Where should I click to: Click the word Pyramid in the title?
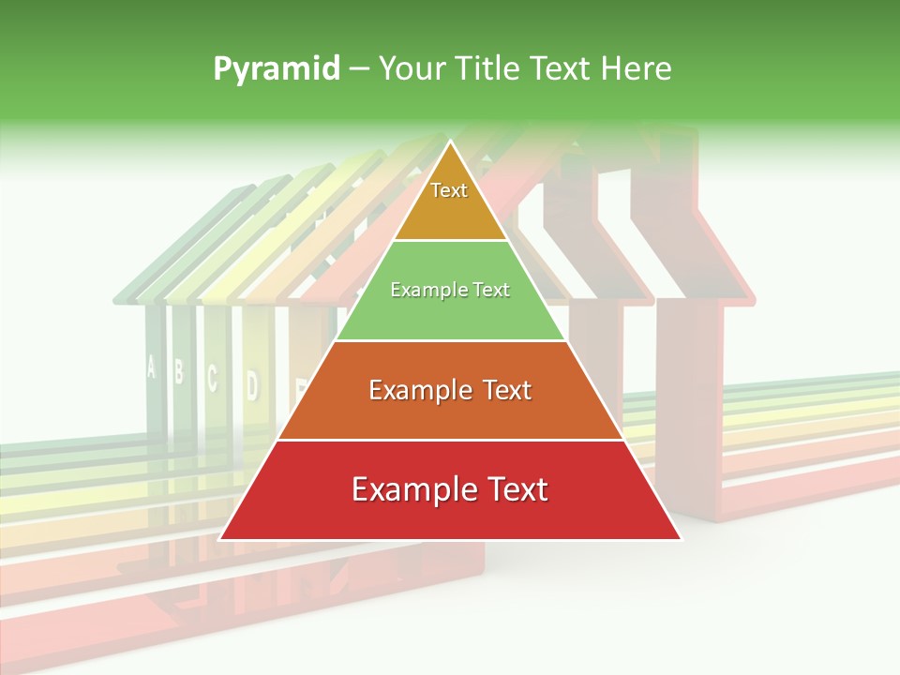[275, 69]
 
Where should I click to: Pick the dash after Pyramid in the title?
[359, 69]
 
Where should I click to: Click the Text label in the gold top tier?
[449, 190]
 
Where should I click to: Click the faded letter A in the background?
[151, 367]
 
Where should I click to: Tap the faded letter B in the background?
[179, 372]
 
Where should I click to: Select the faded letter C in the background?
[212, 378]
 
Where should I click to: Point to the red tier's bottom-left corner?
[220, 539]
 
